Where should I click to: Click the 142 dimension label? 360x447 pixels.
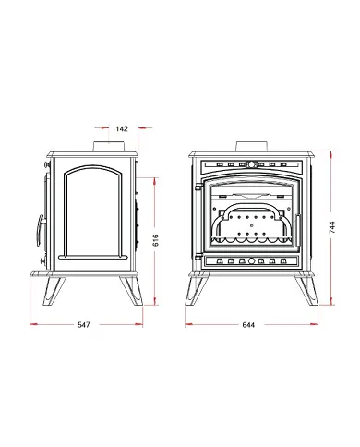pyautogui.click(x=122, y=128)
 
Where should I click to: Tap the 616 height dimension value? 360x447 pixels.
pyautogui.click(x=156, y=240)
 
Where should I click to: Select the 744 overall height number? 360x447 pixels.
pyautogui.click(x=332, y=227)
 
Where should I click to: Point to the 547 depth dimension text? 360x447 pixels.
pyautogui.click(x=84, y=325)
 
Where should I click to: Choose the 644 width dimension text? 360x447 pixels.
pyautogui.click(x=248, y=325)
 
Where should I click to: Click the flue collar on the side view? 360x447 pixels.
pyautogui.click(x=109, y=146)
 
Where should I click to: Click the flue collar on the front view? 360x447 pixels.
pyautogui.click(x=252, y=146)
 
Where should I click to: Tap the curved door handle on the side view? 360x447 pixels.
pyautogui.click(x=40, y=230)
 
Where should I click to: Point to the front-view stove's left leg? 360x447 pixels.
pyautogui.click(x=197, y=290)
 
